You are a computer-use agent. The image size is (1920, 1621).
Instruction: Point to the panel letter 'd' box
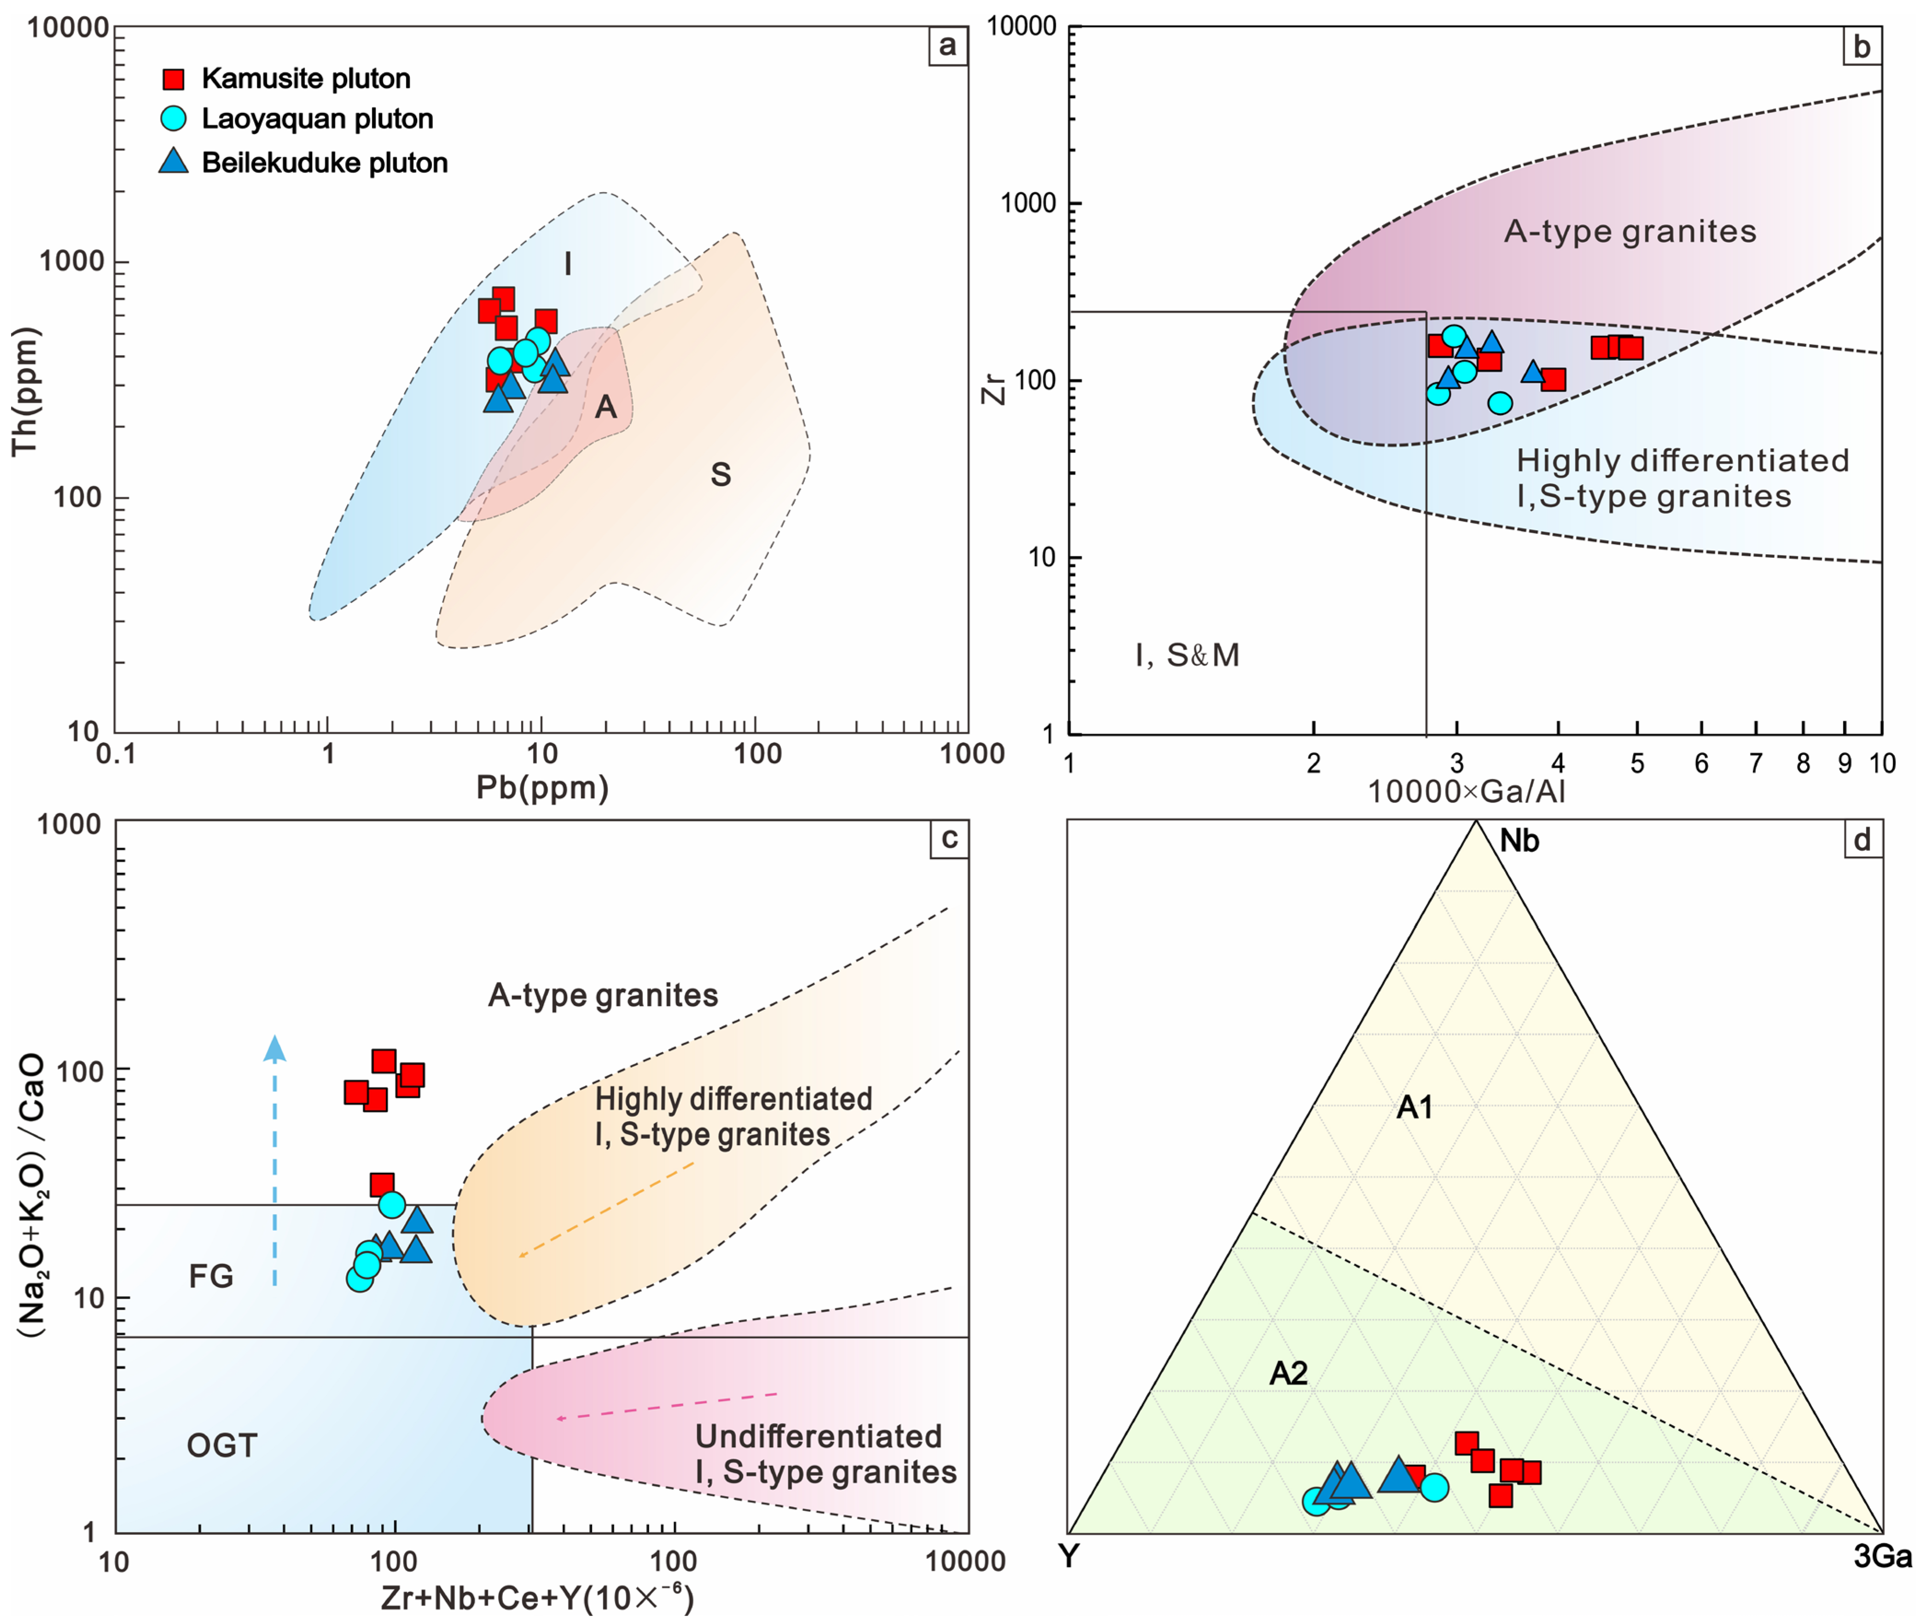[x=1862, y=839]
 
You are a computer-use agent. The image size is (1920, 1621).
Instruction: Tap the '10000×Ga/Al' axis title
[x=1466, y=791]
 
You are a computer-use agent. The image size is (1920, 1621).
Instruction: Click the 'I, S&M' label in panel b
[x=1187, y=655]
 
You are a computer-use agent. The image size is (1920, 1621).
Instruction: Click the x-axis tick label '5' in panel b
[x=1637, y=764]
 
